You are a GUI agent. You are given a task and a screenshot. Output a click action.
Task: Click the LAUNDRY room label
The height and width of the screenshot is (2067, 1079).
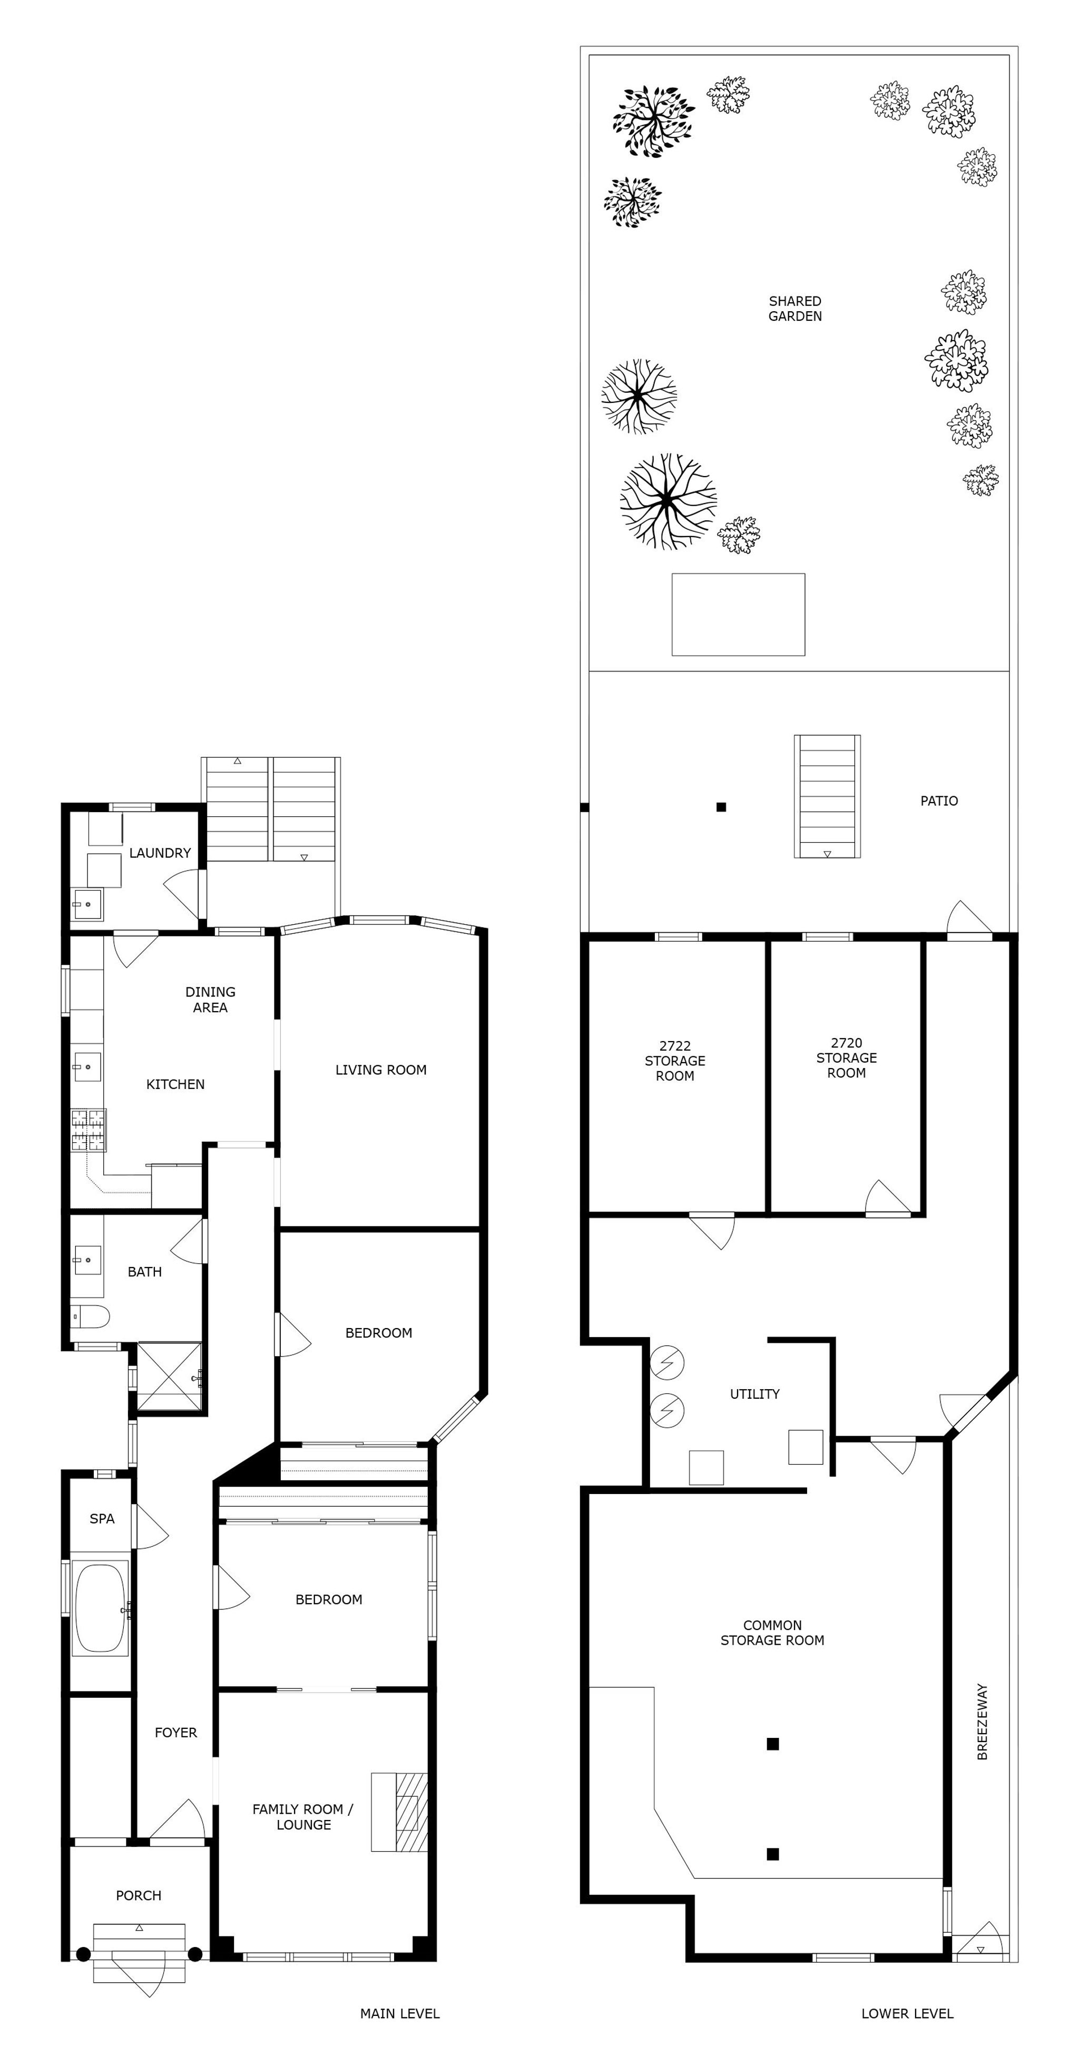160,853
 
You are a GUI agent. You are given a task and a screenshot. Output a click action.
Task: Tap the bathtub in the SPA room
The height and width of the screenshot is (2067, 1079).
100,1607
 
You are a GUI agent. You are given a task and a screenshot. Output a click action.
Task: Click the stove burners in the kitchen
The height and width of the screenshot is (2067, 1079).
89,1130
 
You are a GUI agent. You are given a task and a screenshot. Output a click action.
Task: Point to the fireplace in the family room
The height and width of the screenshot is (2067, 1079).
399,1812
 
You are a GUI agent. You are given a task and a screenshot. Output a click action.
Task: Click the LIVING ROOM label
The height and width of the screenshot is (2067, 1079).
380,1070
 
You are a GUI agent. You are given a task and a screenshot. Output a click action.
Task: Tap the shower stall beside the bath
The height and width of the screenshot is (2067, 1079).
170,1377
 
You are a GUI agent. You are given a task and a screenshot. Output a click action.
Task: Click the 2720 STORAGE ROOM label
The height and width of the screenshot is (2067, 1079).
846,1057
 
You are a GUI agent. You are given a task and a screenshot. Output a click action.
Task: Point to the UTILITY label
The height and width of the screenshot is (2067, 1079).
754,1394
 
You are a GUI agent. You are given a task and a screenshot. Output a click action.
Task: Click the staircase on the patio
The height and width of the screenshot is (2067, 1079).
827,796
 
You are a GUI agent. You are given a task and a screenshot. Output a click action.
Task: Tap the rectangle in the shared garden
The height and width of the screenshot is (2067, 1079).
738,615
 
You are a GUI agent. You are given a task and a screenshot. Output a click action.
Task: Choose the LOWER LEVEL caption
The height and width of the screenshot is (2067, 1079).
907,2013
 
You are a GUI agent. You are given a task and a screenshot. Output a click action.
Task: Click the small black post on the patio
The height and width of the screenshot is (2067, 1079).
721,807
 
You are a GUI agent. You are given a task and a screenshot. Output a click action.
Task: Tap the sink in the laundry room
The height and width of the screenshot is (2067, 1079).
87,904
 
